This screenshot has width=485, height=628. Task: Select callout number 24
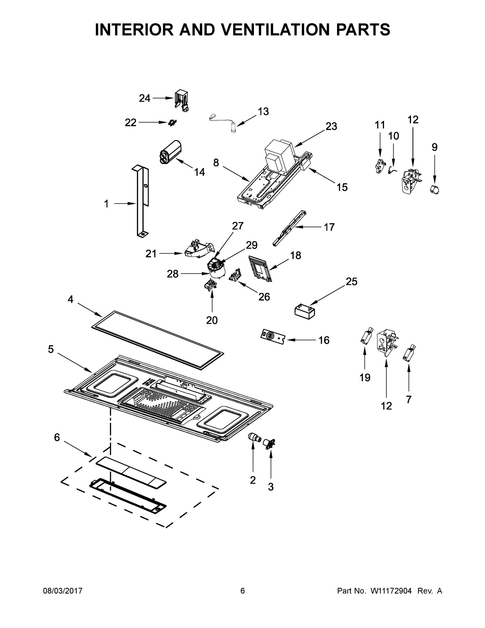click(x=145, y=98)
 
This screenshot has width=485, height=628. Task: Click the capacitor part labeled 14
click(x=171, y=152)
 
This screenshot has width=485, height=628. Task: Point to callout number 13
click(x=263, y=111)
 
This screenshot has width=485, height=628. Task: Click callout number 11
click(x=380, y=125)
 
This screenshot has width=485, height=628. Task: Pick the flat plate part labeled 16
click(x=272, y=337)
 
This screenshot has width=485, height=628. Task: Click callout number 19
click(x=365, y=378)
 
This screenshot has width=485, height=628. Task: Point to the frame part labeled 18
click(x=261, y=268)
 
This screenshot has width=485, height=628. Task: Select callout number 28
click(x=172, y=274)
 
